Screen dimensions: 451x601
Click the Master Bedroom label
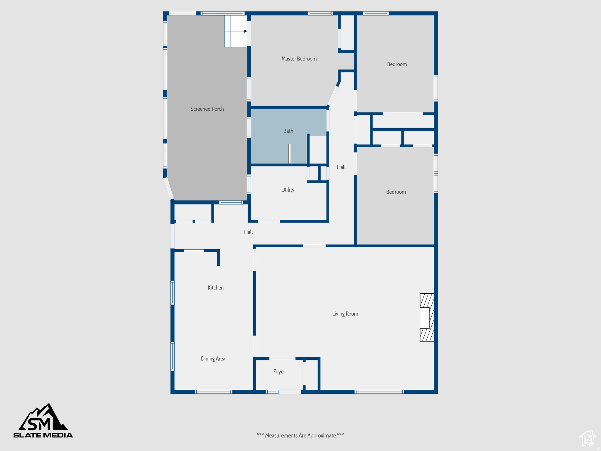pos(299,59)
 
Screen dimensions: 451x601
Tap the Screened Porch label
pos(207,109)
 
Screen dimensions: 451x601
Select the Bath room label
pos(288,131)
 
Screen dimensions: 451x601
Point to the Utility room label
pos(288,190)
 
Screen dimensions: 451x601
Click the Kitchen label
pos(216,288)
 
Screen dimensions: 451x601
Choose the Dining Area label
pos(213,359)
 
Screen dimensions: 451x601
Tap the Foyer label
pos(279,372)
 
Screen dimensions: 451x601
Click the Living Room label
pos(345,314)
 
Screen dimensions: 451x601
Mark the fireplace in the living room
pos(427,317)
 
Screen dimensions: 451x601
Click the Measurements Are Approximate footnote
pos(300,435)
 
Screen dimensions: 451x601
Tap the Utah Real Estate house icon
pos(588,439)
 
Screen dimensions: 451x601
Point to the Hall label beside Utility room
pos(341,167)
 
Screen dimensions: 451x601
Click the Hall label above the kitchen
pos(248,232)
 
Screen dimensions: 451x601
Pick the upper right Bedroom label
pos(397,64)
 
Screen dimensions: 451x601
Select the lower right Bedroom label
pos(396,192)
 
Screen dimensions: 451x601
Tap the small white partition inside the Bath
pos(290,154)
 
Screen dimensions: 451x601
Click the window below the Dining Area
pos(214,392)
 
